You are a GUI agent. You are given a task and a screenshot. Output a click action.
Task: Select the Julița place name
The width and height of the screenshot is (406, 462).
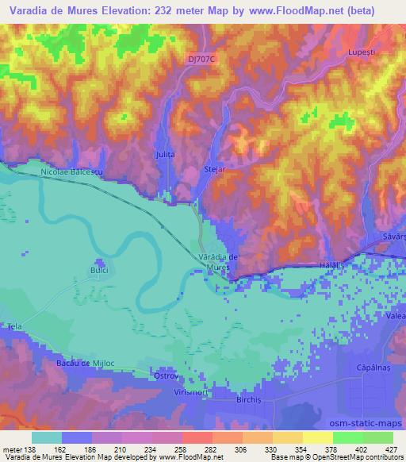click(x=164, y=154)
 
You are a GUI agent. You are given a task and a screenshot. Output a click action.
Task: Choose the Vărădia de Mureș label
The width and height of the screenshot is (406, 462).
click(x=214, y=263)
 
